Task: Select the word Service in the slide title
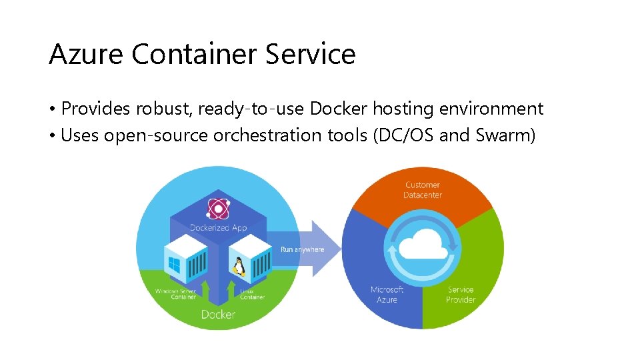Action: pos(311,54)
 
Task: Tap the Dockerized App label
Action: pos(218,228)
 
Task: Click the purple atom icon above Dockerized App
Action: pos(218,209)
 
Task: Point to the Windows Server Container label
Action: pos(175,294)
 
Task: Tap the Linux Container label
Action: pos(252,294)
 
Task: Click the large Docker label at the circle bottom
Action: pos(218,314)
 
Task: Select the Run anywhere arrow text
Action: pos(302,249)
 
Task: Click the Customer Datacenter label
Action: pos(423,190)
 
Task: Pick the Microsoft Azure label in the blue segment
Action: pos(387,295)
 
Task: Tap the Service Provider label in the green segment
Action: pos(461,295)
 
